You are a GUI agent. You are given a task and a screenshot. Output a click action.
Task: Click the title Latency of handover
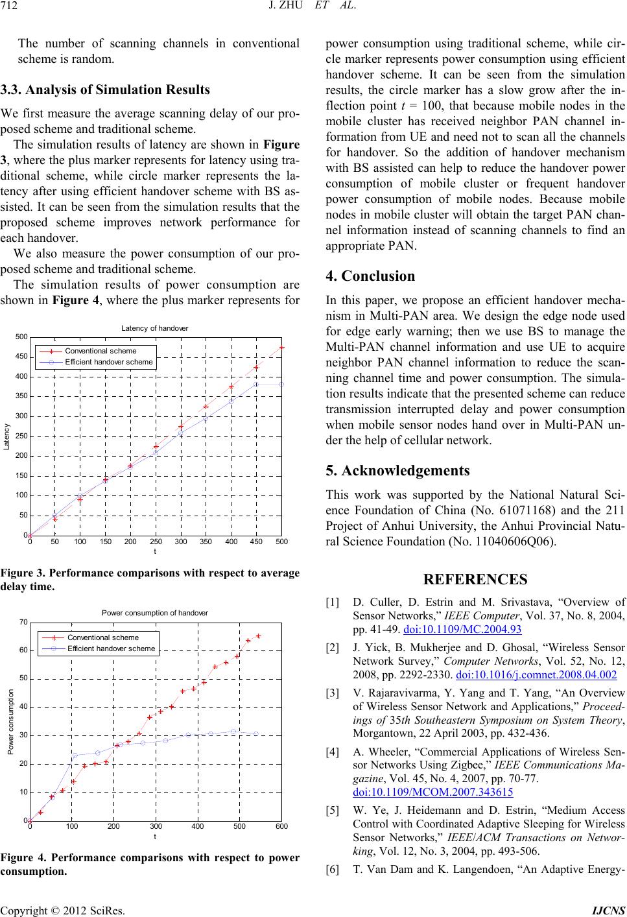coord(154,328)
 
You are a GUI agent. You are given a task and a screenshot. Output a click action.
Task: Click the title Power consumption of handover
coord(155,612)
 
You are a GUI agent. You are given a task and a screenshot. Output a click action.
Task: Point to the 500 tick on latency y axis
coord(21,337)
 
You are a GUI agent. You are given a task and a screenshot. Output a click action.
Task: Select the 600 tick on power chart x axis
coord(281,827)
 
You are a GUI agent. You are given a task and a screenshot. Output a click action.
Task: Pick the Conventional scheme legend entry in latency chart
coord(101,351)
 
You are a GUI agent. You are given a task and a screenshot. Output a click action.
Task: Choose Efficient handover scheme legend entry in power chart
coord(111,648)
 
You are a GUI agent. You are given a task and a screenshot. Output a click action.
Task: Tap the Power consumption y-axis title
coord(11,722)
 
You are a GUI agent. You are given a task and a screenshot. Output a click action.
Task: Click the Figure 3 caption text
coord(151,579)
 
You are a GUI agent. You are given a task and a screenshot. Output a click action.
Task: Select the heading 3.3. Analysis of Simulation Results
coord(105,89)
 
